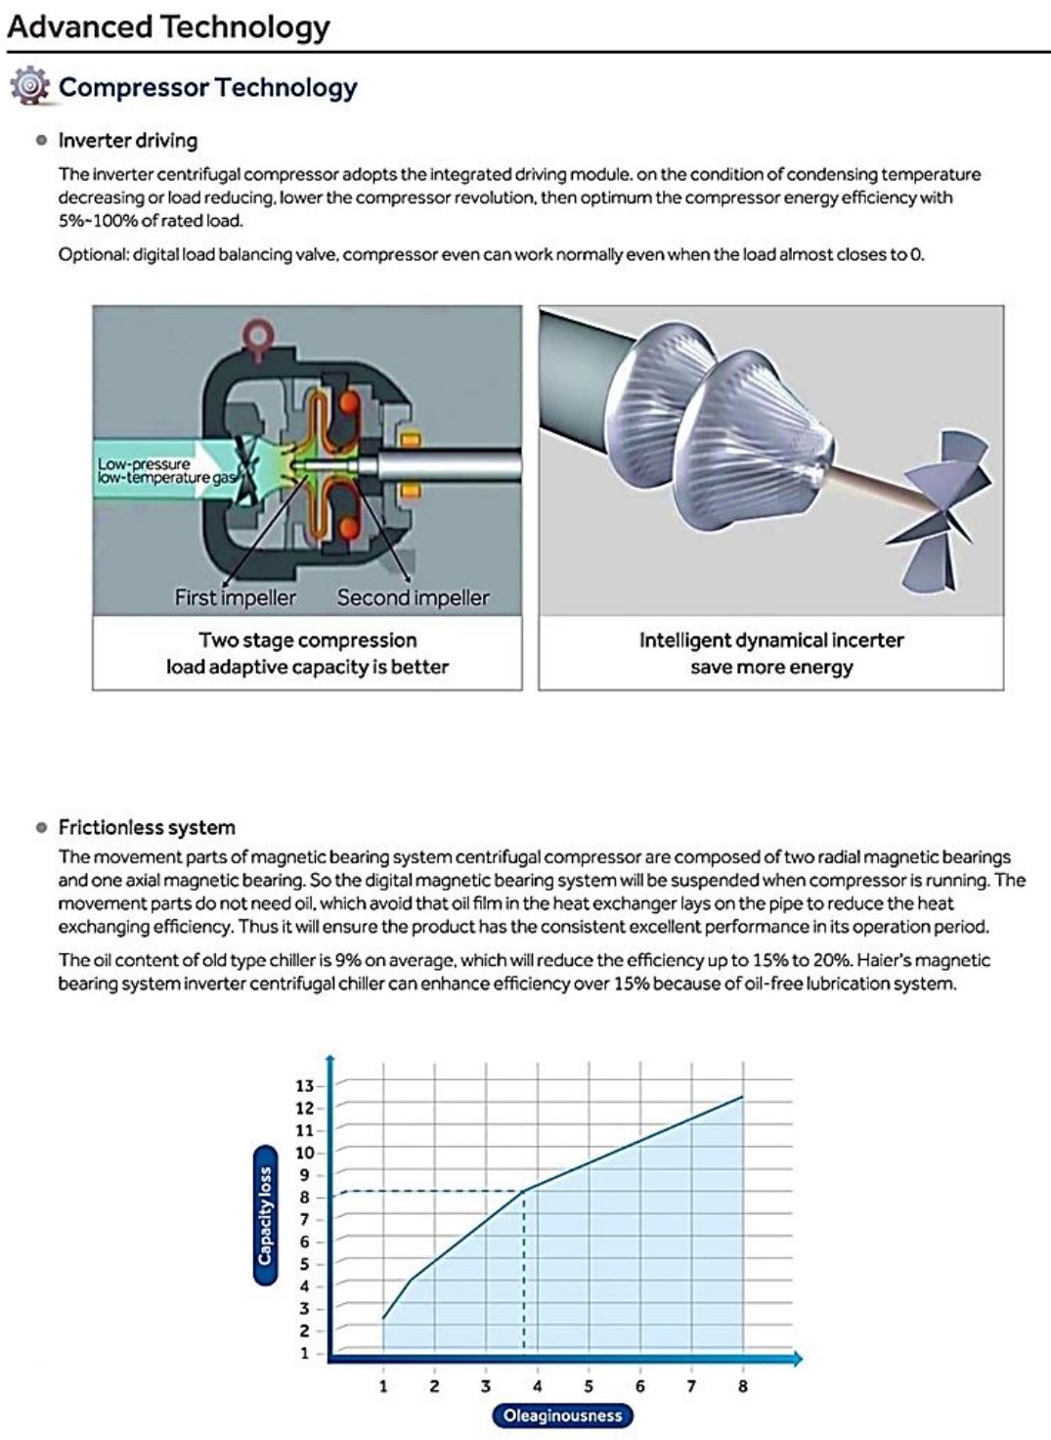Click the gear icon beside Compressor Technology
tap(29, 87)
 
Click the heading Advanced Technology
tap(168, 26)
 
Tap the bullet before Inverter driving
tap(41, 140)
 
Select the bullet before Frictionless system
tap(41, 827)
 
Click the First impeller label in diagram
tap(235, 597)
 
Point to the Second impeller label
tap(413, 597)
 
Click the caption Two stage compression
tap(307, 640)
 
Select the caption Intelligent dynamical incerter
tap(770, 640)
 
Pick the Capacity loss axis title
tap(265, 1215)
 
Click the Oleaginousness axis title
tap(562, 1415)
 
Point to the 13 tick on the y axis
tap(305, 1086)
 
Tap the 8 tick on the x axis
tap(743, 1385)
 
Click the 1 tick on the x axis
tap(383, 1385)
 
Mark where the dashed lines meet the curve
tap(525, 1190)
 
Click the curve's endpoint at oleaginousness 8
tap(743, 1097)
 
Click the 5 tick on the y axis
tap(305, 1264)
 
